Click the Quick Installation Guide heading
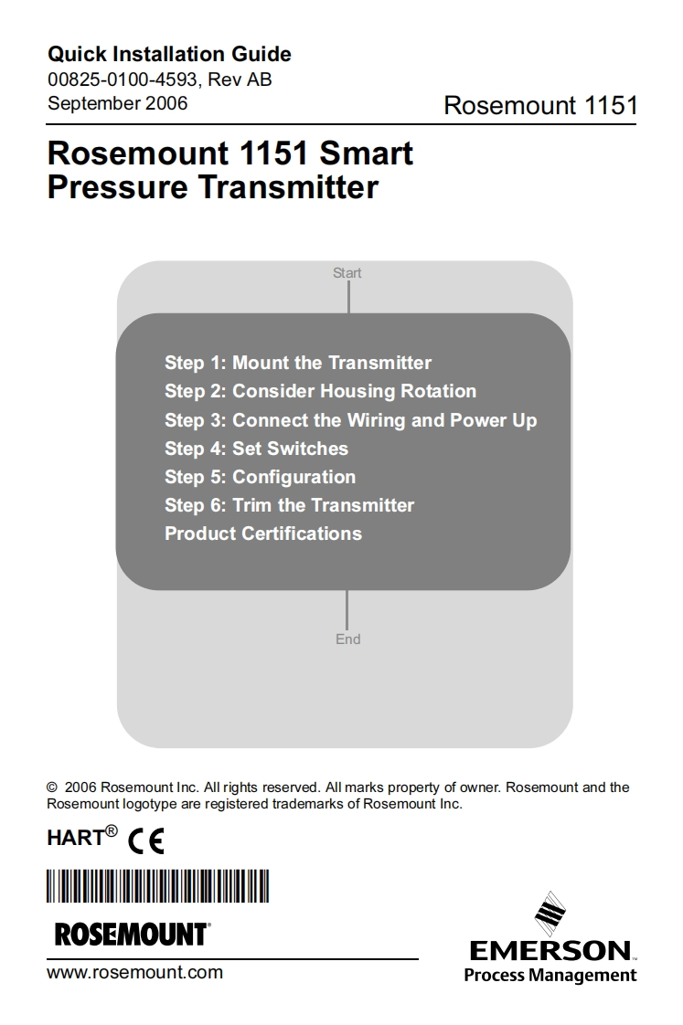[x=169, y=54]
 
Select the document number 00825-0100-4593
[x=123, y=79]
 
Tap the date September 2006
[x=118, y=103]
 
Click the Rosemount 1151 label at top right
[x=540, y=105]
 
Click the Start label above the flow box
[x=347, y=272]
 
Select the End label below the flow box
[x=348, y=639]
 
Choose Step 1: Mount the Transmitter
[x=298, y=362]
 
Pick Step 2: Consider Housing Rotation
[x=321, y=391]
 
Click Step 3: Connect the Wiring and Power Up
[x=351, y=419]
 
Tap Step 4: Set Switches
[x=256, y=449]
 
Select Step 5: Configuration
[x=261, y=477]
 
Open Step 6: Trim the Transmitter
[x=290, y=504]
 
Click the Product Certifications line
[x=263, y=534]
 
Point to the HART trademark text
[x=82, y=836]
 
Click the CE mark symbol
[x=146, y=840]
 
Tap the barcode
[x=157, y=886]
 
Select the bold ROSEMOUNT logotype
[x=133, y=935]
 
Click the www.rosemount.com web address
[x=134, y=972]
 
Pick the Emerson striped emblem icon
[x=550, y=914]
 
